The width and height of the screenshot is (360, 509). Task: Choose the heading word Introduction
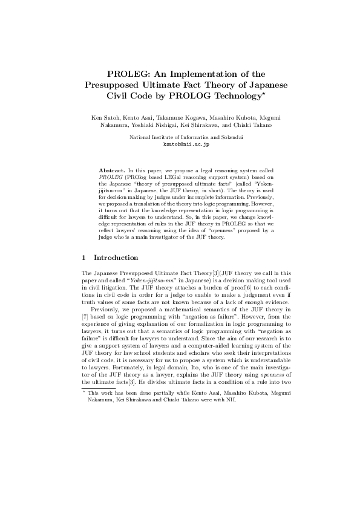click(x=116, y=258)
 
